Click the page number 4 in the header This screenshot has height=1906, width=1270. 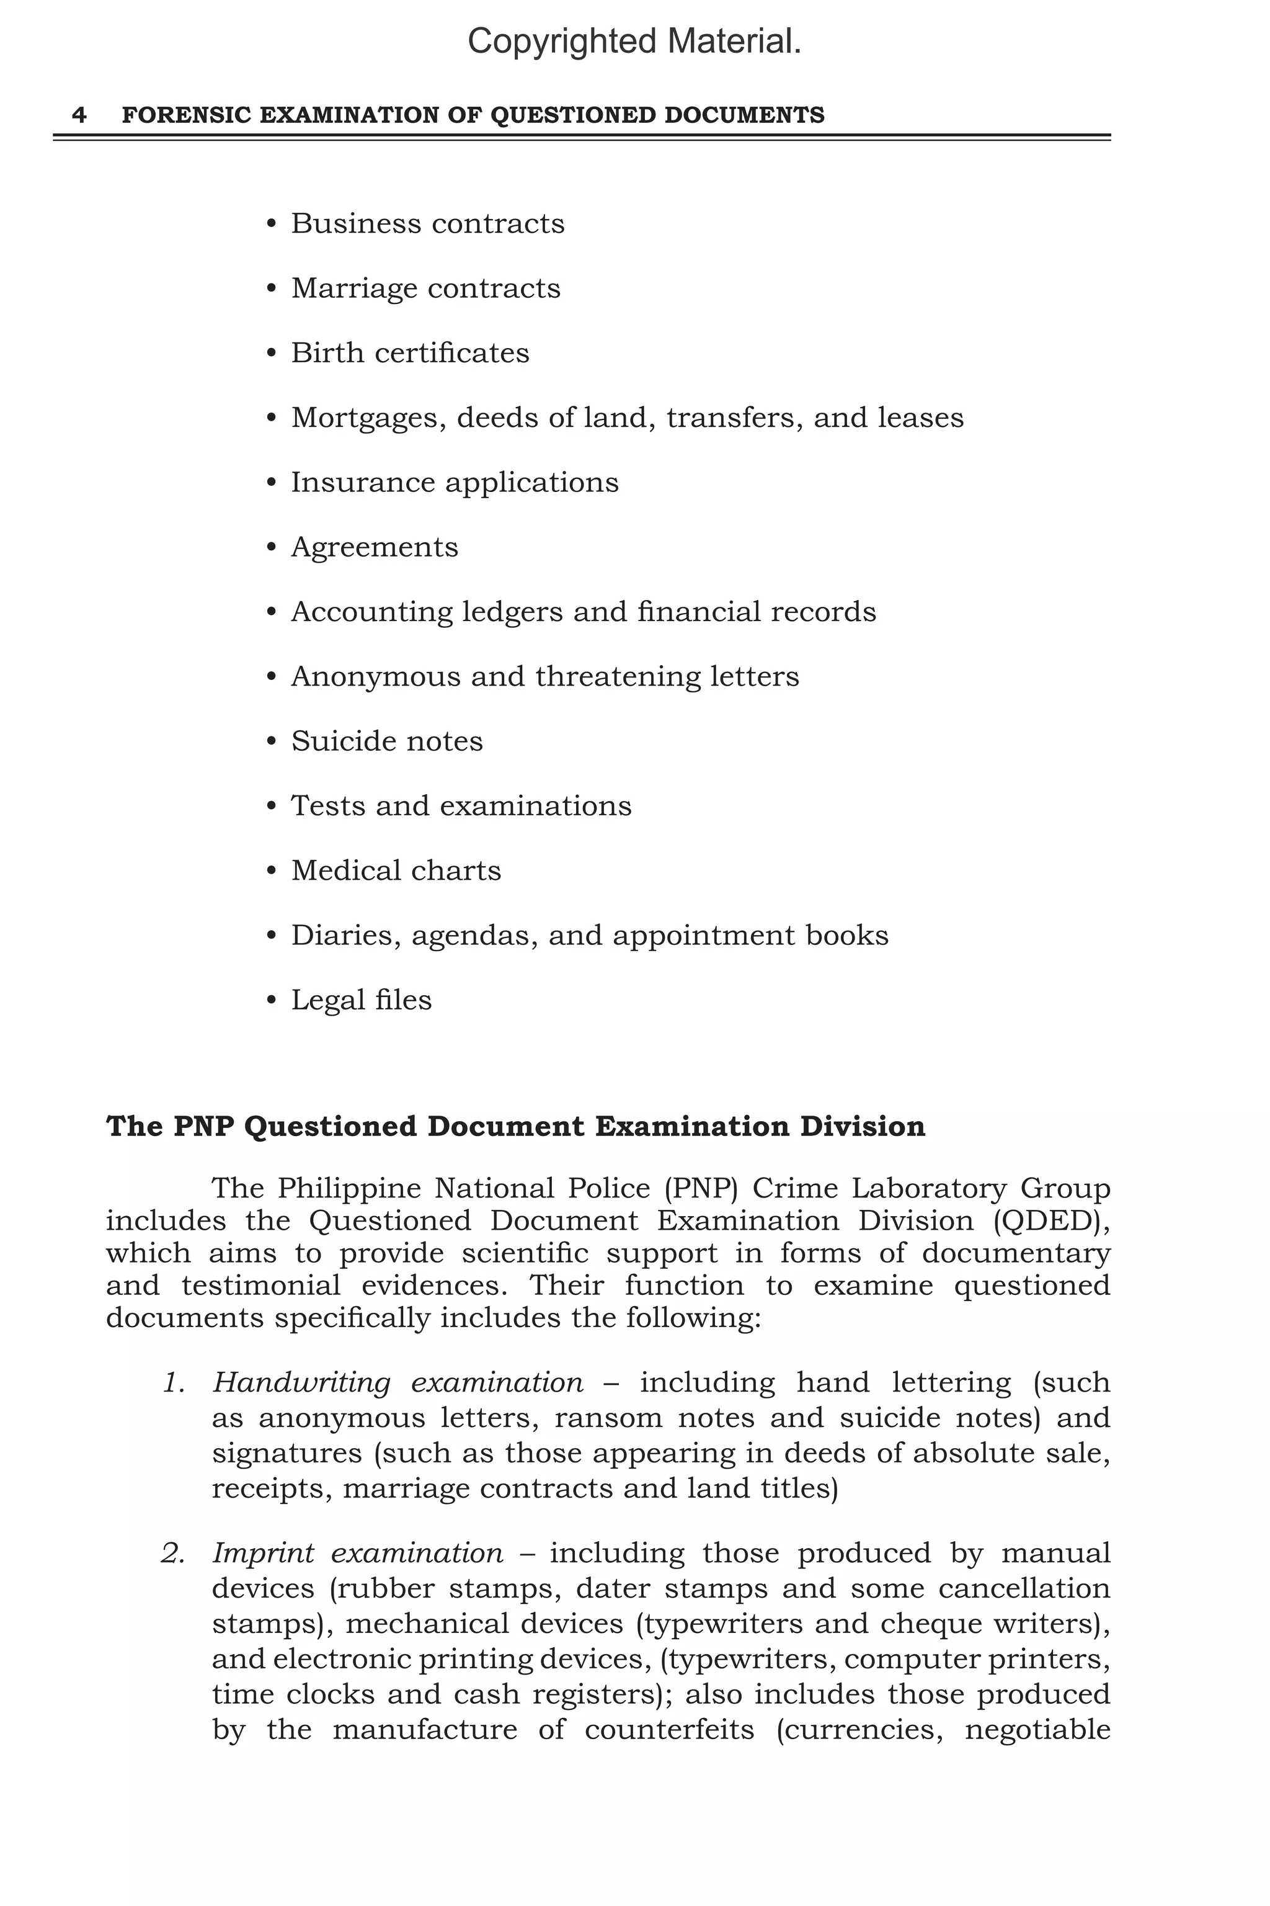point(79,115)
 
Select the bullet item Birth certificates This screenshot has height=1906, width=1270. point(410,353)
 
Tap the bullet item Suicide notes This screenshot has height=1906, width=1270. point(386,741)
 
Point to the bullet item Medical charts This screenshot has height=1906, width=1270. point(396,871)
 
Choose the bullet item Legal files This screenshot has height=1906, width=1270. point(362,1000)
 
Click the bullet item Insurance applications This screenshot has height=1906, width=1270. point(455,483)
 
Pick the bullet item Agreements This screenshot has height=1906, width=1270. point(374,548)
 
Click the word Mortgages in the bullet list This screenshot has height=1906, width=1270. point(368,418)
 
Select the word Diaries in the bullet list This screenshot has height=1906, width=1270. point(346,936)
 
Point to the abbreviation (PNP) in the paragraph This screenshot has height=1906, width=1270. point(701,1189)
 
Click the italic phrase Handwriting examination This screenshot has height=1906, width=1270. point(397,1382)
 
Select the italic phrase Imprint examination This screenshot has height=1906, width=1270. point(357,1554)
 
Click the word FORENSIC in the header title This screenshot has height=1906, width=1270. point(185,115)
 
